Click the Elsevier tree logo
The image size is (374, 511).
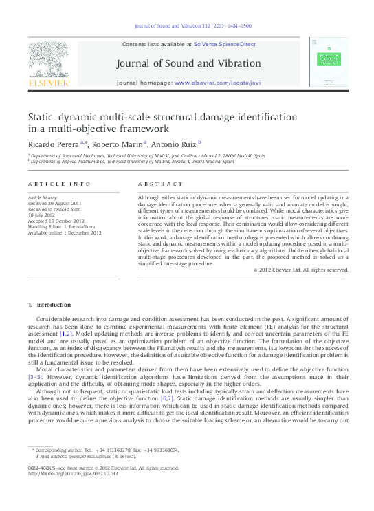pos(47,59)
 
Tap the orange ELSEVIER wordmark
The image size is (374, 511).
pos(47,83)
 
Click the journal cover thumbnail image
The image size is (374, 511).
pos(328,62)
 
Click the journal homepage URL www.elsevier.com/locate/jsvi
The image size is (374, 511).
pos(218,83)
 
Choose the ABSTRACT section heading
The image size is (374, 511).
pos(161,184)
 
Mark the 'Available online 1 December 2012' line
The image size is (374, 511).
pos(65,232)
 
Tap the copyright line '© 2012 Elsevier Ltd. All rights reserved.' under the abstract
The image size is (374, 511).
pos(301,270)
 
